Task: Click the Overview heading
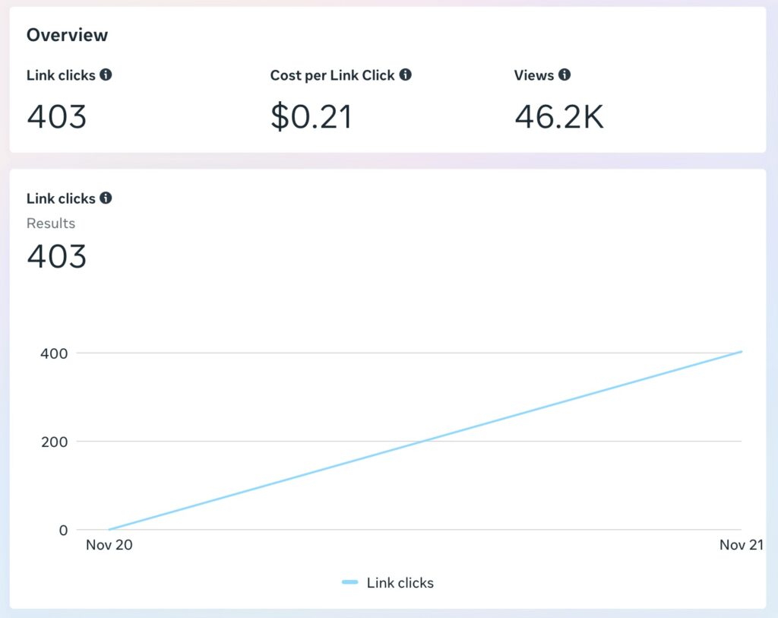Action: click(67, 35)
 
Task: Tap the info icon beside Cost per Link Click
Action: click(406, 74)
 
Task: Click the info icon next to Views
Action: click(565, 74)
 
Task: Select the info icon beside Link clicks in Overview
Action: click(106, 74)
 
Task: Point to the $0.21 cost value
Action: click(311, 116)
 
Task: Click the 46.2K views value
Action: click(558, 116)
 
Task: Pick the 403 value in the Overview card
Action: click(57, 116)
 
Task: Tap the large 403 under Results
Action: click(57, 256)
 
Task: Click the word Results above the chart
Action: click(51, 223)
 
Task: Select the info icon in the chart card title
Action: click(106, 198)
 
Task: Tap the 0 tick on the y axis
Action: click(63, 530)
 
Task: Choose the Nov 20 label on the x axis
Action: click(109, 544)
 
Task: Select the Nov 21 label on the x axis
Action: click(742, 544)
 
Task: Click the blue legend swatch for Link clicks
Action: click(349, 582)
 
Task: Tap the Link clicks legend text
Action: click(400, 583)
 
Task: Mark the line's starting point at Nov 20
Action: click(109, 529)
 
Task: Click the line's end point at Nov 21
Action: click(742, 351)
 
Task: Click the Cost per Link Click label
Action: click(332, 75)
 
